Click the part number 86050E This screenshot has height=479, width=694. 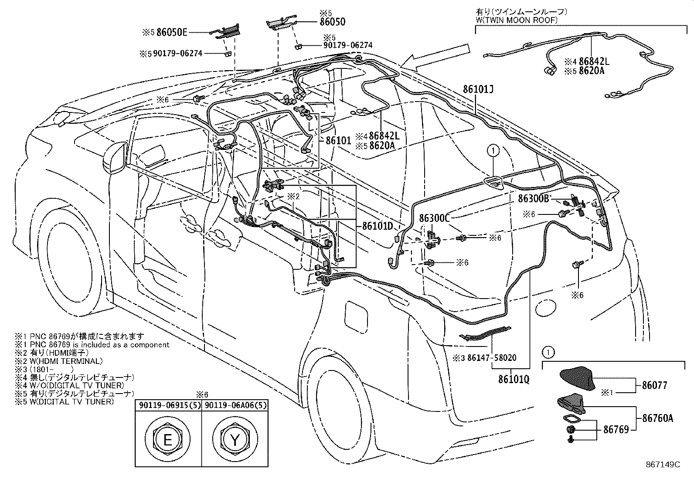click(x=172, y=32)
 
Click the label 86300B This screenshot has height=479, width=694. click(x=533, y=199)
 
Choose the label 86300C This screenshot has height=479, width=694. click(x=434, y=218)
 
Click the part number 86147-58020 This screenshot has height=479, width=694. click(x=491, y=358)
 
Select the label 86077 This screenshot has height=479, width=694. click(x=654, y=385)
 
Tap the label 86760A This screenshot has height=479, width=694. click(x=657, y=418)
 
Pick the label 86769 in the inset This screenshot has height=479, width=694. click(x=616, y=430)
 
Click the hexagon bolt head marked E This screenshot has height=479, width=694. click(x=167, y=440)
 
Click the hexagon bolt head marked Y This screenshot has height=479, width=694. click(x=235, y=440)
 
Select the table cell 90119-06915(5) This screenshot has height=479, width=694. click(x=168, y=405)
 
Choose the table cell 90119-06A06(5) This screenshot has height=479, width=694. click(x=235, y=405)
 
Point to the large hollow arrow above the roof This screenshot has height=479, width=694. click(x=436, y=58)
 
